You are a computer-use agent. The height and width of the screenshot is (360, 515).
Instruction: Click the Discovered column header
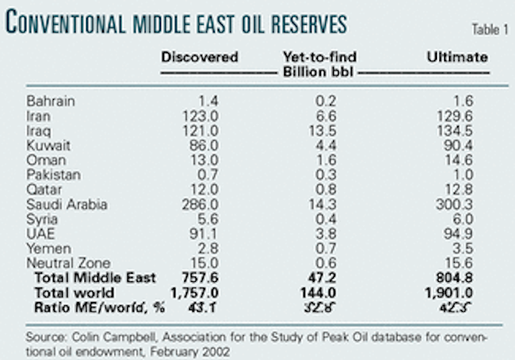tap(200, 57)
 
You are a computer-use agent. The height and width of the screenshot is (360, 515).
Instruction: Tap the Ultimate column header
tap(458, 57)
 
